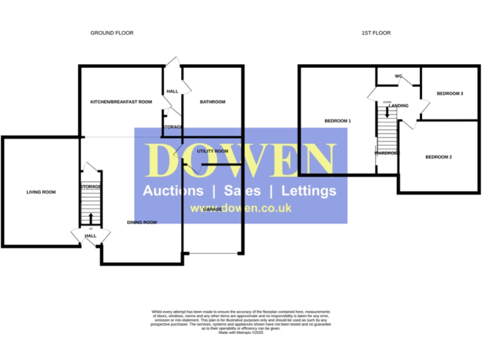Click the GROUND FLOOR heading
point(112,33)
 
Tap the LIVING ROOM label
point(41,192)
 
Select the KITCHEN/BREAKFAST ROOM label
point(121,102)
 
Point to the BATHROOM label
point(212,102)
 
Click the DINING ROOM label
point(142,222)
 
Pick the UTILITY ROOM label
point(212,151)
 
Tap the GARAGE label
point(212,209)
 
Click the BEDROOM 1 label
point(338,120)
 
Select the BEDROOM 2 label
point(438,156)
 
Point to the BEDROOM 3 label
point(450,94)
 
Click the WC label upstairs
point(398,77)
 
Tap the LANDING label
point(399,106)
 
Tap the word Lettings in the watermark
point(308,191)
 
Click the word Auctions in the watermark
point(173,191)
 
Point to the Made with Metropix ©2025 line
point(241,332)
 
